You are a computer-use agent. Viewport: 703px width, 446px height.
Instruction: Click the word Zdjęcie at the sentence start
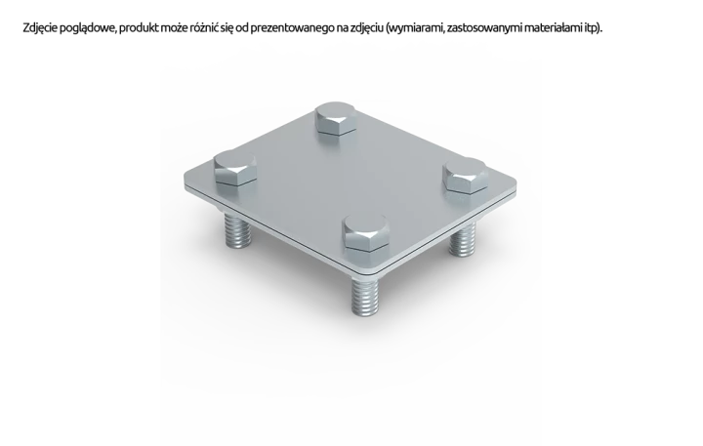[40, 28]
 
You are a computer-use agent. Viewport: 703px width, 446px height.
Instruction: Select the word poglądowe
[88, 28]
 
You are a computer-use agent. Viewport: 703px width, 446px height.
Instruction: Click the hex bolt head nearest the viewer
[365, 232]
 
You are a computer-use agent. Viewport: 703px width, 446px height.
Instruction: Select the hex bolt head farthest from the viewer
[335, 118]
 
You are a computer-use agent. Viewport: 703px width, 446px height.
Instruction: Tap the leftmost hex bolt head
[235, 167]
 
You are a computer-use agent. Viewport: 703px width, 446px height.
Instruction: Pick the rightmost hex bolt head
[465, 176]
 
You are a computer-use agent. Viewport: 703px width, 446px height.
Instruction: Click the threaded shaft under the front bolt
[364, 296]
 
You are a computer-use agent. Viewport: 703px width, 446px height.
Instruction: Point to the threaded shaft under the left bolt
[237, 230]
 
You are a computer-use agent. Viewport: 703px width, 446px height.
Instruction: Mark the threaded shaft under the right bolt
[463, 240]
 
